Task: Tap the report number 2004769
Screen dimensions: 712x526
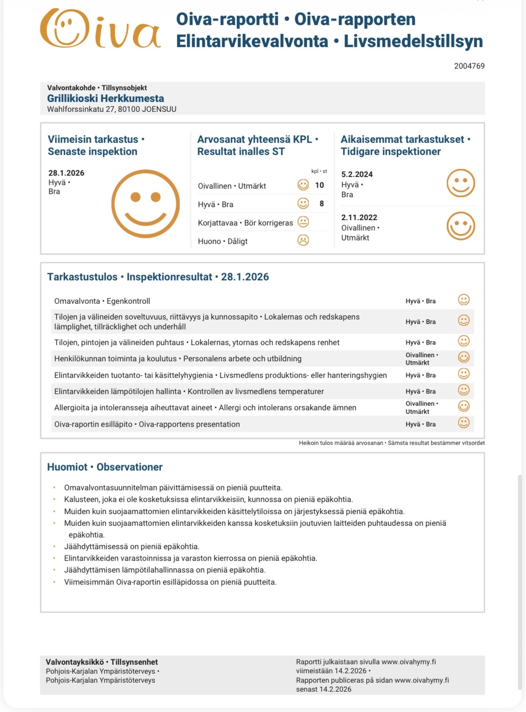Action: [469, 66]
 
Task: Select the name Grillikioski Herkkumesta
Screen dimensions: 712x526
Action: [105, 98]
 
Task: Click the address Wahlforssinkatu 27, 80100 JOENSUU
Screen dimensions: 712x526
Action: [111, 109]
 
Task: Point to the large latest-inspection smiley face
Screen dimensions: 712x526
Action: [145, 204]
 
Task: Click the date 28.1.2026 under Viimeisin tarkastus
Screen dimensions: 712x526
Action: [66, 173]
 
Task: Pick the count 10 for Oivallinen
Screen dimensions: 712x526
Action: [319, 185]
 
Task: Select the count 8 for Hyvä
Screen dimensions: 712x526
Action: [321, 204]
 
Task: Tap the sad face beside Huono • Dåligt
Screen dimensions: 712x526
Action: [303, 240]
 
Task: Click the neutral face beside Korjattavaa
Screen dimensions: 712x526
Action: [303, 222]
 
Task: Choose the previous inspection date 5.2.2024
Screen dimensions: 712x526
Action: [357, 174]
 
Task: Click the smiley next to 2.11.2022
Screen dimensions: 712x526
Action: [460, 226]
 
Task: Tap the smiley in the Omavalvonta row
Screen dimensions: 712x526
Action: [464, 300]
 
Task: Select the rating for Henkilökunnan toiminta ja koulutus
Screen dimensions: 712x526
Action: [421, 359]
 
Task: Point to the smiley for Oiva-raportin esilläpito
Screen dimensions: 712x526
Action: [464, 423]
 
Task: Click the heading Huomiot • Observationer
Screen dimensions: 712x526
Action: [105, 467]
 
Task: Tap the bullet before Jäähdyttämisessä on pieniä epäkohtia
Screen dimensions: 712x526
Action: [54, 547]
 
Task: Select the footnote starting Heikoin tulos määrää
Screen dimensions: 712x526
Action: [392, 443]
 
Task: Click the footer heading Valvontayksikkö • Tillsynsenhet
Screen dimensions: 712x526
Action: [102, 662]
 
